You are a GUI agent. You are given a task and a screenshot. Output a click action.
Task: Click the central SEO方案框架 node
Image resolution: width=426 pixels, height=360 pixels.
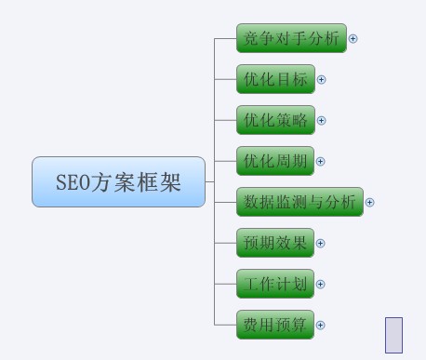[x=118, y=181]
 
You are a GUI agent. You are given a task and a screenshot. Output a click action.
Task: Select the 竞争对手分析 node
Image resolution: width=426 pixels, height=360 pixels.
[x=291, y=39]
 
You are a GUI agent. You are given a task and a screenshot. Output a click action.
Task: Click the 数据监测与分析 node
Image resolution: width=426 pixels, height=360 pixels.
[x=300, y=202]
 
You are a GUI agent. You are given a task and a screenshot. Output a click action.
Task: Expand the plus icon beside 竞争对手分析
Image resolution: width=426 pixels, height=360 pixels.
[x=353, y=39]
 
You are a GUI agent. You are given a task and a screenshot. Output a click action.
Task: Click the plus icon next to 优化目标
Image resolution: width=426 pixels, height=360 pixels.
[x=322, y=80]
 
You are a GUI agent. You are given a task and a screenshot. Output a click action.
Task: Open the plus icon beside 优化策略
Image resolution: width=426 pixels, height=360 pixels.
[x=322, y=121]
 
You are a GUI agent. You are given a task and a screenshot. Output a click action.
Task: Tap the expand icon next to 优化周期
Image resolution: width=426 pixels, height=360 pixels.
[x=321, y=161]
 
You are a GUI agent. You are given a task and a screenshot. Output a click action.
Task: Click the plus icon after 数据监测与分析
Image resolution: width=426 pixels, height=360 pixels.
[x=370, y=202]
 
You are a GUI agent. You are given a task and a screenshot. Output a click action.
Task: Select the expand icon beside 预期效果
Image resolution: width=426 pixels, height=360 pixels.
[x=321, y=244]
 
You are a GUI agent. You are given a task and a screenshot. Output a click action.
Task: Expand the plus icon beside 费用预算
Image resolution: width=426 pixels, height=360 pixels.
[x=321, y=326]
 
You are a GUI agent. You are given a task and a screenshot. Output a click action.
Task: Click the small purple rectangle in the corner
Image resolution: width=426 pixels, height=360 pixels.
[x=393, y=335]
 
